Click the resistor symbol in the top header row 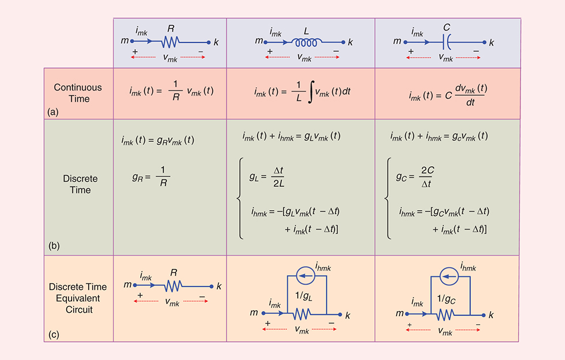tap(171, 42)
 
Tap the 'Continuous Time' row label tap(78, 93)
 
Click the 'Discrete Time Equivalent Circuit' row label tap(78, 299)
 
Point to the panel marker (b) tap(53, 245)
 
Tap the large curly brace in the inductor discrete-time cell tap(238, 199)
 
